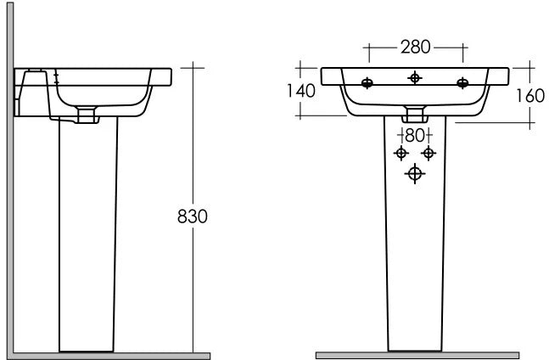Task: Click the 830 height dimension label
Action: [x=193, y=216]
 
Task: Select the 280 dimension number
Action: [x=415, y=47]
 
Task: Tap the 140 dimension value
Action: [x=300, y=91]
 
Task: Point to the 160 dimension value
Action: [x=530, y=96]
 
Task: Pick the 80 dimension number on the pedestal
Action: [x=415, y=136]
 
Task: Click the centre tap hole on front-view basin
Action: [x=415, y=78]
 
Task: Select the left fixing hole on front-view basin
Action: [x=367, y=83]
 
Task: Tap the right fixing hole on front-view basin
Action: [x=462, y=83]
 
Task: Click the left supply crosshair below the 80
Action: [x=401, y=153]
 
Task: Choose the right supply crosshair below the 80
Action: [x=429, y=153]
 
